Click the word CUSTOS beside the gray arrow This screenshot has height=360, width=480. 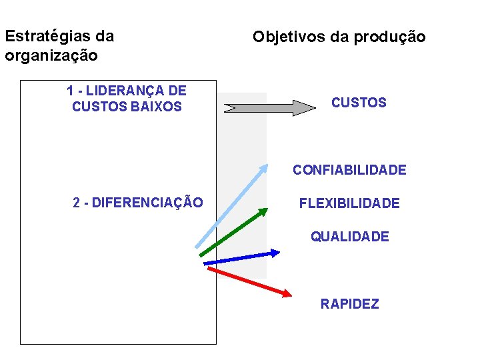(359, 103)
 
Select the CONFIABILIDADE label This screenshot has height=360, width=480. (349, 170)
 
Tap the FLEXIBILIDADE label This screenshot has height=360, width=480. (349, 203)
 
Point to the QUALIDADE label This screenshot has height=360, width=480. (349, 237)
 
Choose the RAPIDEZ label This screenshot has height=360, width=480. (349, 304)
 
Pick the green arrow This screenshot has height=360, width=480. (233, 232)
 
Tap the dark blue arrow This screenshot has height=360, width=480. (241, 258)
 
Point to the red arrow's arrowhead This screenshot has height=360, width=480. (287, 293)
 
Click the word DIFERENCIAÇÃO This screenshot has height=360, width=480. (147, 203)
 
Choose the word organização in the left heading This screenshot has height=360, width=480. (51, 55)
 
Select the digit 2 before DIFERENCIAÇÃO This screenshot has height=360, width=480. (76, 203)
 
